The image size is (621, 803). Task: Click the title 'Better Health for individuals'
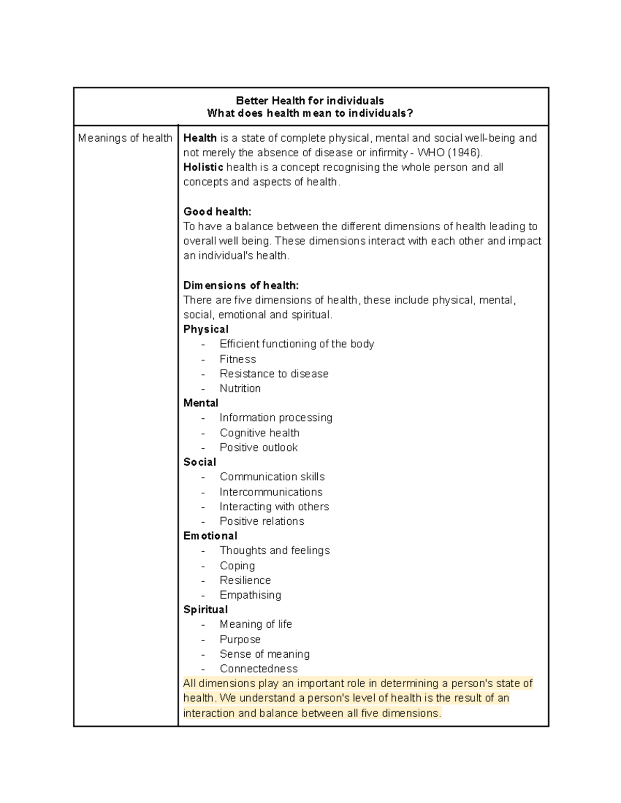(x=309, y=100)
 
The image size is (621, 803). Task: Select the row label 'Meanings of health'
(x=125, y=138)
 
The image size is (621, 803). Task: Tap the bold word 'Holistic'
(x=203, y=167)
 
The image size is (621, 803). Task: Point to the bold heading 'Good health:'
(x=217, y=211)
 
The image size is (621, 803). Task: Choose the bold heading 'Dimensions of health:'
(x=241, y=285)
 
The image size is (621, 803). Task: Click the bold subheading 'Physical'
(x=206, y=329)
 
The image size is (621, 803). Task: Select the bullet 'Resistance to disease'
(x=274, y=373)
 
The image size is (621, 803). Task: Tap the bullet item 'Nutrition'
(x=240, y=388)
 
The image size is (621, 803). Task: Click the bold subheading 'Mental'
(x=201, y=403)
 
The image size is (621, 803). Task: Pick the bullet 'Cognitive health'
(x=259, y=433)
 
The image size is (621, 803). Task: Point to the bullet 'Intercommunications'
(x=271, y=492)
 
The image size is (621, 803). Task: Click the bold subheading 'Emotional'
(x=210, y=536)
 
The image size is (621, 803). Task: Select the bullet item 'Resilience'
(x=245, y=580)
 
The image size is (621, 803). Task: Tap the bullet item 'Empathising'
(x=250, y=595)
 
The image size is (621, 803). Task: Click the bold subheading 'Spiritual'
(x=205, y=610)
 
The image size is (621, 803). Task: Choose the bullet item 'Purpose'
(x=240, y=639)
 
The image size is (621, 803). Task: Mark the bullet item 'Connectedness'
(x=259, y=669)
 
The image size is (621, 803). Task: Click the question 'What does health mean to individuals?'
(x=310, y=113)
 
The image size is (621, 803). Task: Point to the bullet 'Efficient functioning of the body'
(x=297, y=344)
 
